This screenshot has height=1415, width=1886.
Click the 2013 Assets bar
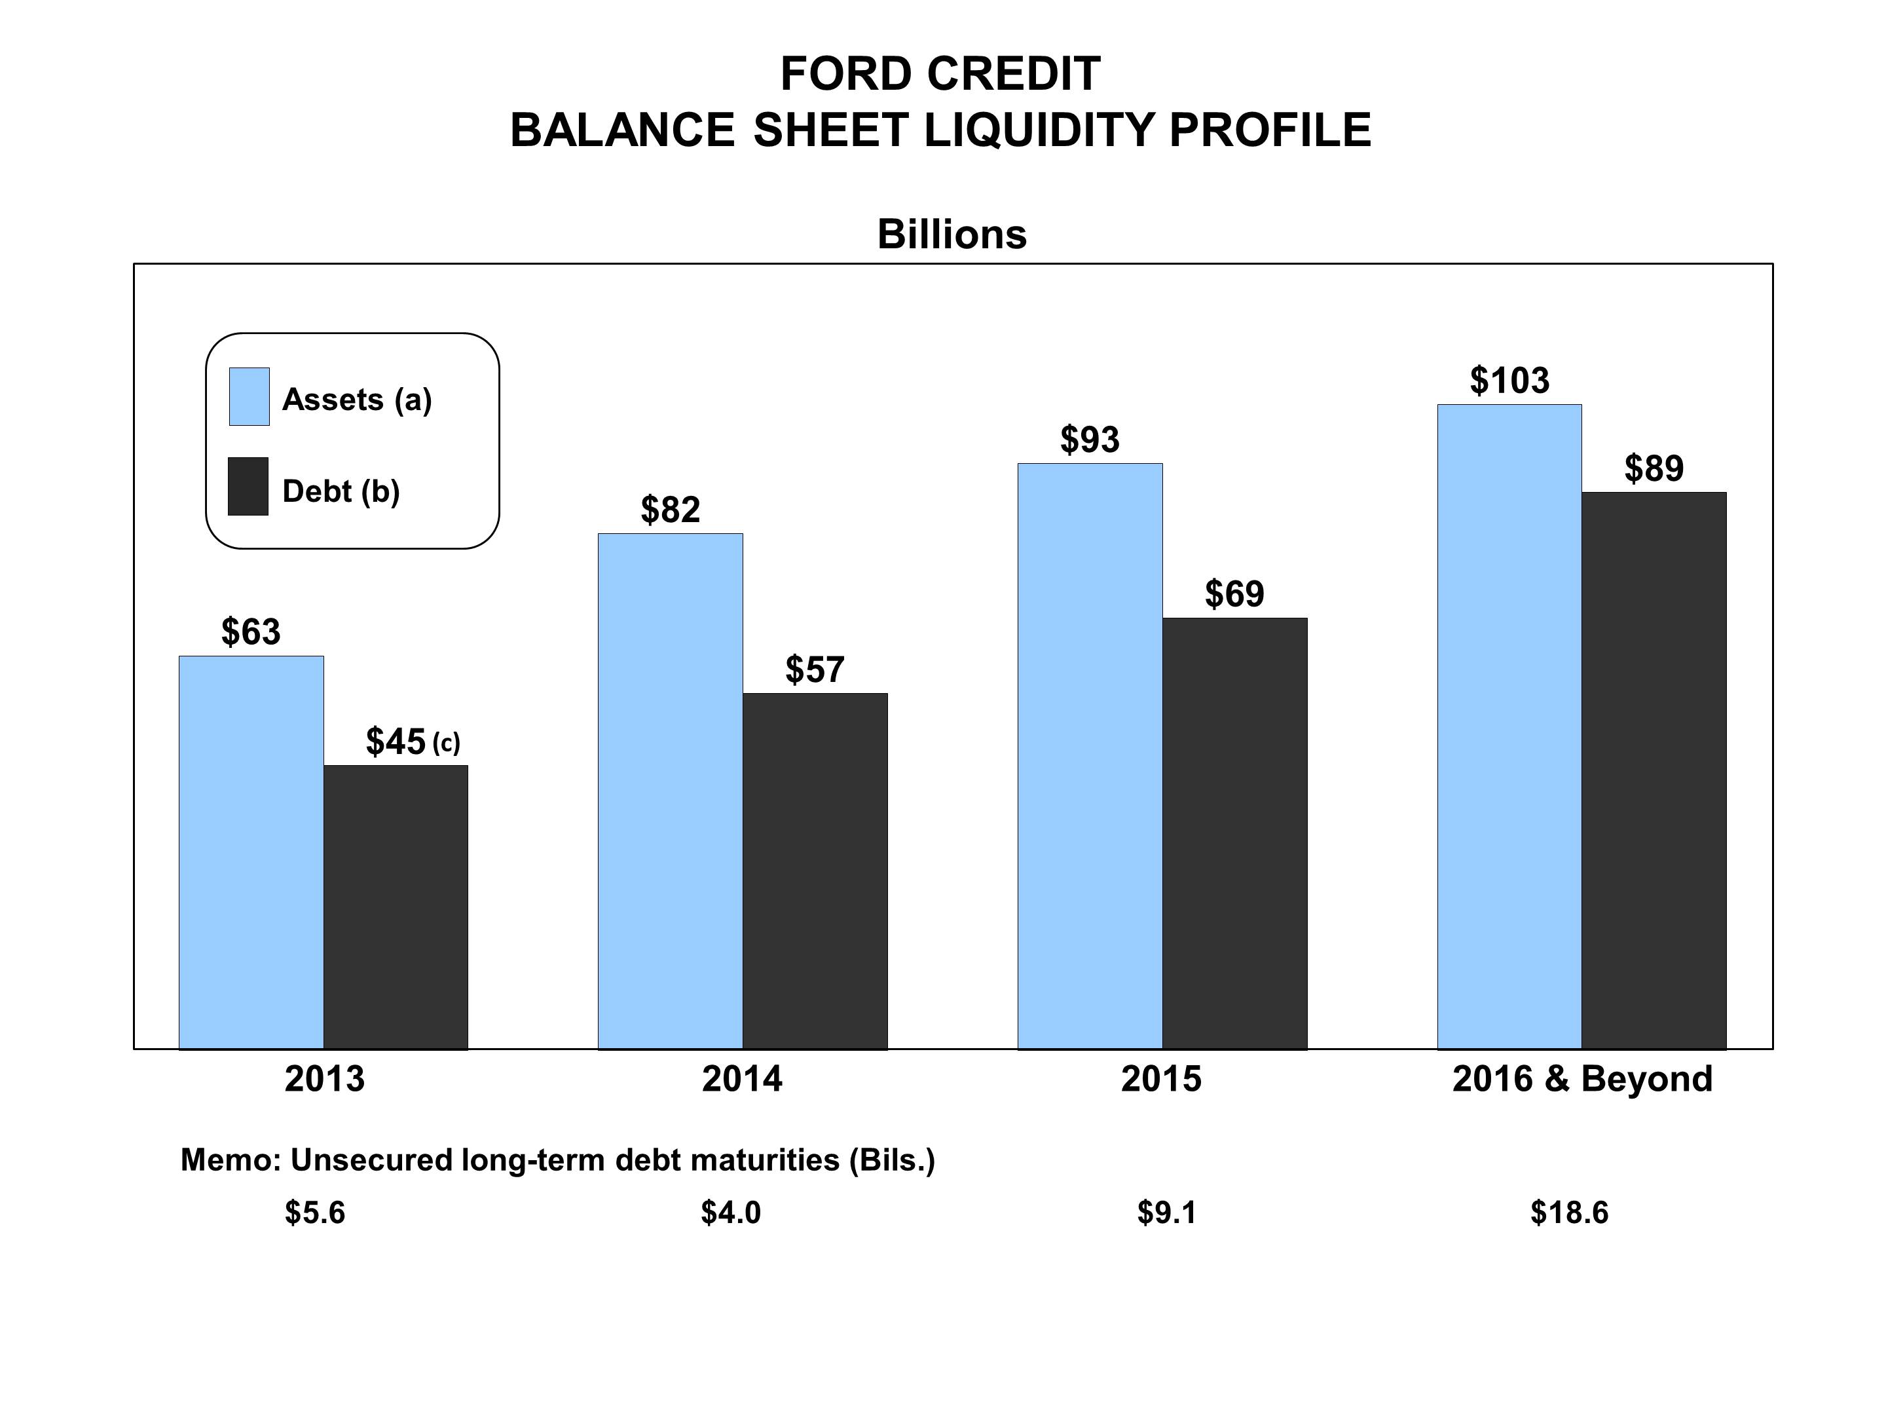point(251,852)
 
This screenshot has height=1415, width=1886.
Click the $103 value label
point(1509,381)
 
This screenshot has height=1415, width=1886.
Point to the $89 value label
point(1654,468)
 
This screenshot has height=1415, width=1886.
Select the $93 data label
point(1090,440)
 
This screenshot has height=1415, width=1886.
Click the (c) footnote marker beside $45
point(446,743)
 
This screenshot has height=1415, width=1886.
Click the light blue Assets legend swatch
point(249,396)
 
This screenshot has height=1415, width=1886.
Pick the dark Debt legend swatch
point(248,486)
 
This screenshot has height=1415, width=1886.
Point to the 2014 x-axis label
point(742,1079)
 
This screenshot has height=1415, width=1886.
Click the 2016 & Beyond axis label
point(1582,1079)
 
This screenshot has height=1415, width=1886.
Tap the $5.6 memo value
point(314,1212)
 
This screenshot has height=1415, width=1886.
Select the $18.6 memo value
point(1569,1212)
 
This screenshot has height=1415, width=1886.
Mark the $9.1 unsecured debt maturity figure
point(1166,1212)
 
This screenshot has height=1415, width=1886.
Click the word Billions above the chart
point(952,234)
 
